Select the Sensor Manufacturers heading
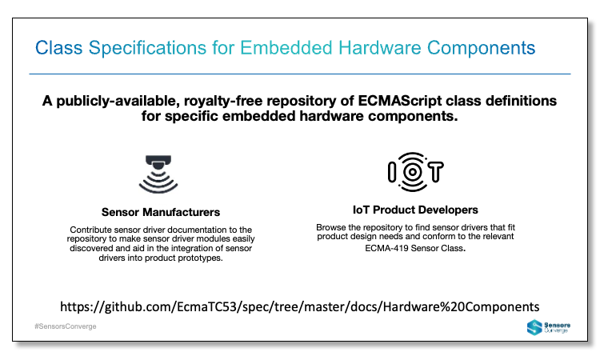pos(161,212)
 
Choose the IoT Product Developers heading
pos(415,210)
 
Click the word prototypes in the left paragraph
pos(198,259)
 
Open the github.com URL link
pos(300,306)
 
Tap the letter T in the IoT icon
pos(436,172)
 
